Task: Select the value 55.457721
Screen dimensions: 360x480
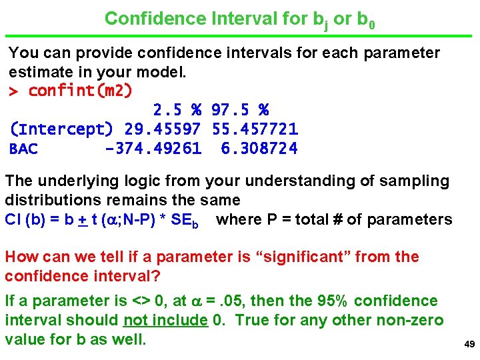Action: [x=255, y=129]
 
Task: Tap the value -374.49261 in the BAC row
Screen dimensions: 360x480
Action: [x=153, y=149]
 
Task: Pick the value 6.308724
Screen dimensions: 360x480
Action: [x=259, y=149]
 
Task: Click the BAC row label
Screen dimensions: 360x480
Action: [x=23, y=149]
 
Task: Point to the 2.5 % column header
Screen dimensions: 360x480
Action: [x=177, y=109]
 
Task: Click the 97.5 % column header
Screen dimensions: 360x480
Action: [x=240, y=109]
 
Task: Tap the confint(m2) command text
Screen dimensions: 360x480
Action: [x=80, y=90]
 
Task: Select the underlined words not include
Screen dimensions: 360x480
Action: [x=165, y=320]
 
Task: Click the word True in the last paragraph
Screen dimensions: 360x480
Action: [x=251, y=320]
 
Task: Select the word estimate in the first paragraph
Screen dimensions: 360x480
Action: [x=39, y=71]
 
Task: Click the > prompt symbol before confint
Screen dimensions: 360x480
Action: [x=13, y=91]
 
